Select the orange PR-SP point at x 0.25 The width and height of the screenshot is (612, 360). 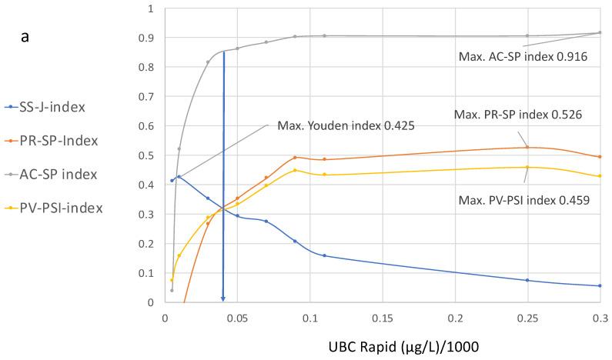pos(527,147)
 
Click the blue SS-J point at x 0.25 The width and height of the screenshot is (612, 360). pos(527,280)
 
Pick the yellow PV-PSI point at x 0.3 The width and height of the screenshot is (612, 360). pos(600,176)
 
